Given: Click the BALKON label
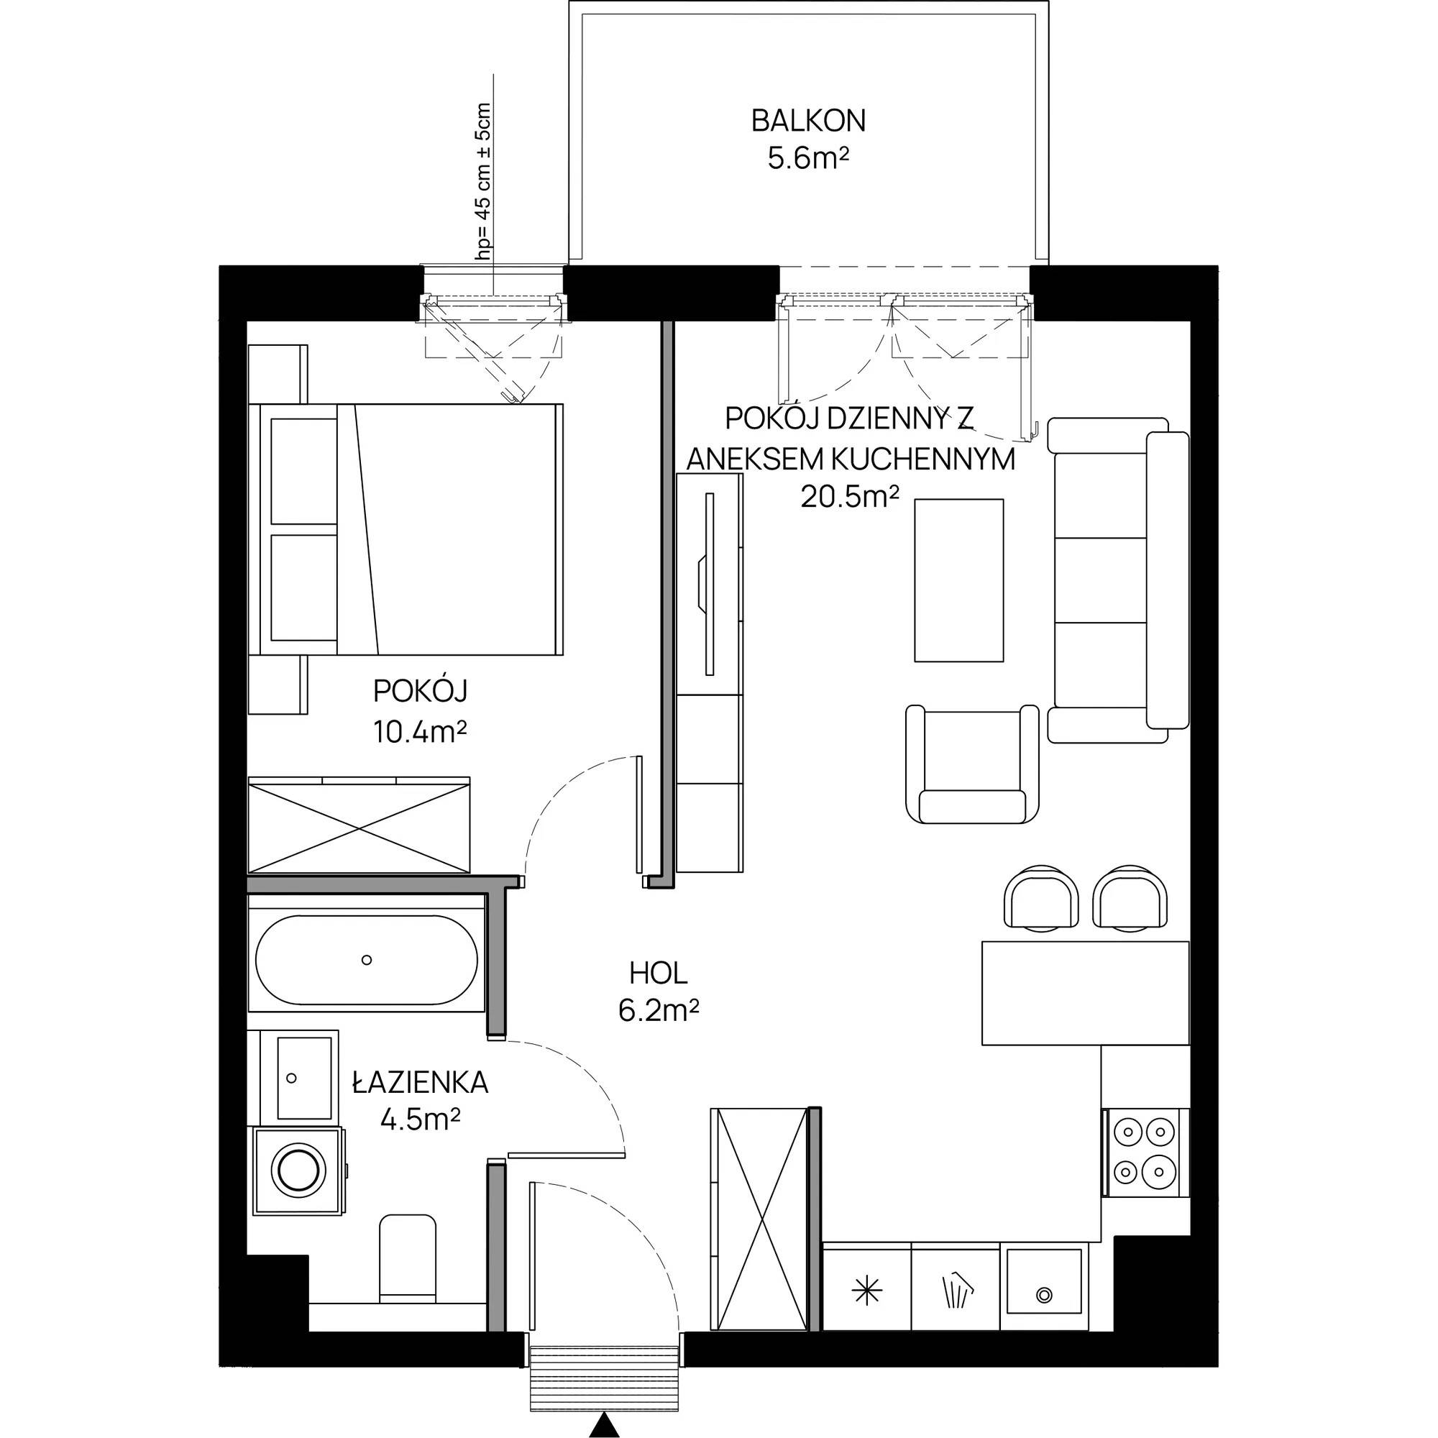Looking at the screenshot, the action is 808,122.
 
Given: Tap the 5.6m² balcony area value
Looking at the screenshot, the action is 809,160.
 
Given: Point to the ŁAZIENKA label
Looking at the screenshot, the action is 421,1082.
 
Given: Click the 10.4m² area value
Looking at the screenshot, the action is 420,733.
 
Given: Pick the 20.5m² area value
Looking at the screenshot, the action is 850,495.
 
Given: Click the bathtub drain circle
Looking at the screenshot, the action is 366,960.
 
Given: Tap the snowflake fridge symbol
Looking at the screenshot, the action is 866,1292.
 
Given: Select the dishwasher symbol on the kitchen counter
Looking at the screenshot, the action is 956,1292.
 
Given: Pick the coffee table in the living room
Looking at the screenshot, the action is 958,580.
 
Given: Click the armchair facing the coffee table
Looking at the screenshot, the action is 972,764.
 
